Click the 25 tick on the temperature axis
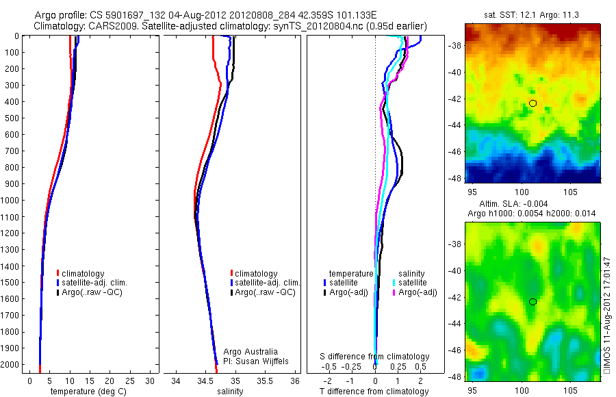[x=129, y=380]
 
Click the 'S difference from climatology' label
[x=375, y=357]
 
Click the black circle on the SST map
[x=532, y=103]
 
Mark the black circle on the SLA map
[x=532, y=302]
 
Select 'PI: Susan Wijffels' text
[x=257, y=361]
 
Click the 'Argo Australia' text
[x=251, y=352]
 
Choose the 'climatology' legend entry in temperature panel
[x=86, y=274]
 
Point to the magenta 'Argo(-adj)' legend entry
[x=417, y=292]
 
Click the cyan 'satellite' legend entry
[x=412, y=283]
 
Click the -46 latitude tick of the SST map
[x=454, y=151]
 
